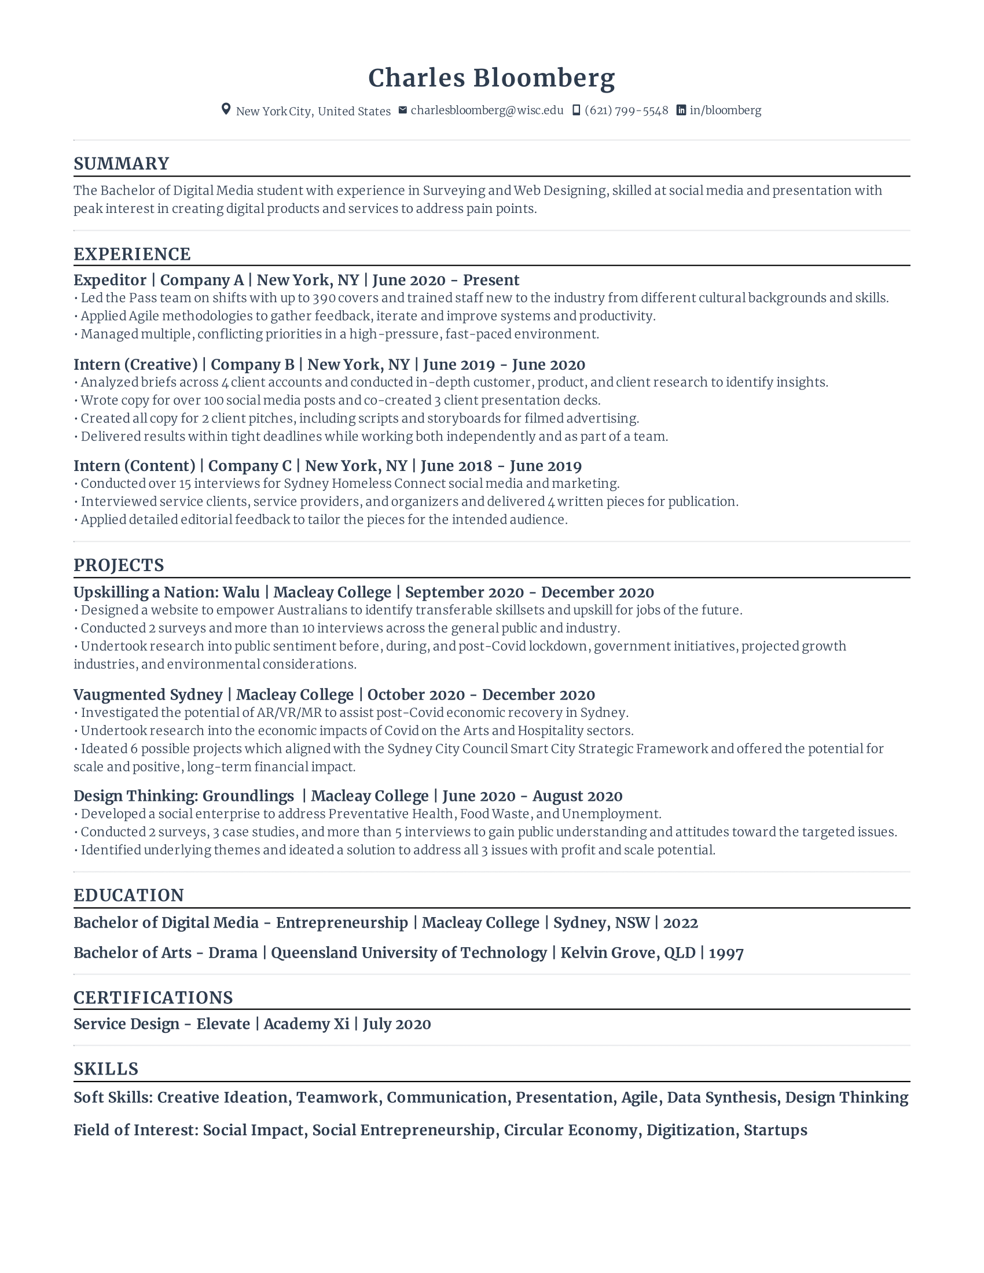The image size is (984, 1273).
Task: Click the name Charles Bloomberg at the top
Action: (x=491, y=78)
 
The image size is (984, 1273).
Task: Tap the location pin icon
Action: (x=226, y=109)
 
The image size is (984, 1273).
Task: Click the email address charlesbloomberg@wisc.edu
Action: (x=487, y=110)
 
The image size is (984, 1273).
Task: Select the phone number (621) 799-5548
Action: (x=626, y=110)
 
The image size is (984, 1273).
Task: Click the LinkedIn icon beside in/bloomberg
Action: (x=680, y=110)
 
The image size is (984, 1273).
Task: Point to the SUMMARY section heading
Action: (x=121, y=164)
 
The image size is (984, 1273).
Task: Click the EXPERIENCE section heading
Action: (x=132, y=254)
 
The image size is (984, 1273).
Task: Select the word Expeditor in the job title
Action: (x=109, y=281)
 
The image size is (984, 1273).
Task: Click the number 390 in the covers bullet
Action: (x=324, y=298)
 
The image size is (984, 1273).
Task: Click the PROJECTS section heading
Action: (x=118, y=565)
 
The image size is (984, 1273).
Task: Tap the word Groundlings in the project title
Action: (x=248, y=796)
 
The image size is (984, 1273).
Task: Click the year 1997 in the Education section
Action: (x=726, y=953)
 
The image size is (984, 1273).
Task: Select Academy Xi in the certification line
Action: (x=306, y=1024)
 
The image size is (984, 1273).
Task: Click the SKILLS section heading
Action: (x=105, y=1069)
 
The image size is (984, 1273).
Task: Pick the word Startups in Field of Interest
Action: (x=775, y=1130)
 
